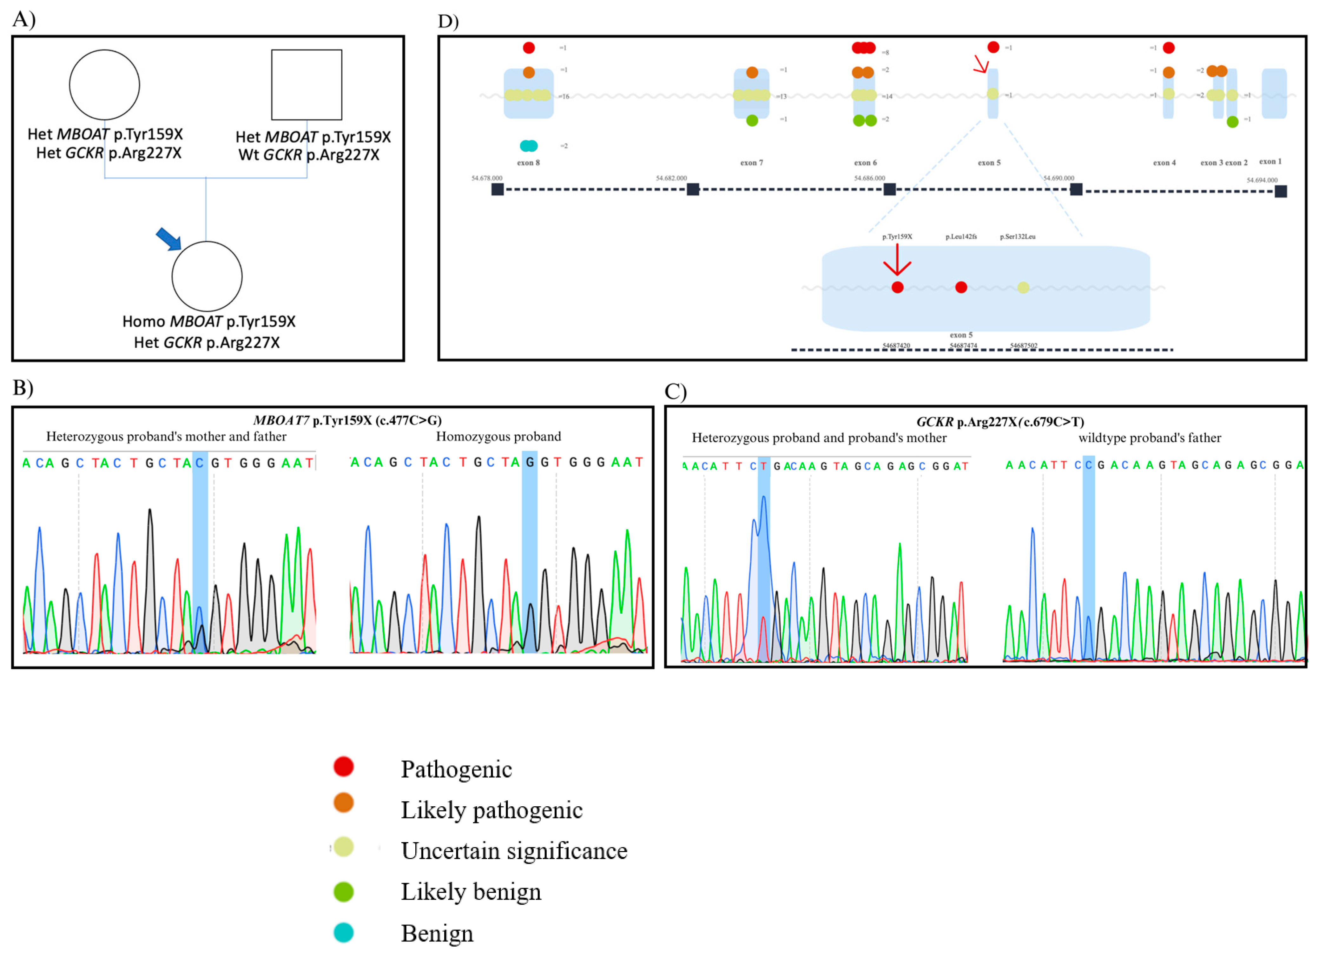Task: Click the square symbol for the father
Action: point(307,85)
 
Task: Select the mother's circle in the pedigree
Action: point(105,85)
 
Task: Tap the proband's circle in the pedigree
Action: point(207,276)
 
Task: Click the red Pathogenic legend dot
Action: point(344,766)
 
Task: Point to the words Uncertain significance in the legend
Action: point(514,851)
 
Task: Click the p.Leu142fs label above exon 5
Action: point(961,237)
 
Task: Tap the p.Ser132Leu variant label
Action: point(1018,237)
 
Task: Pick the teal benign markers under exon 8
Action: point(529,146)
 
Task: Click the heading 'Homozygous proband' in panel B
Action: point(498,436)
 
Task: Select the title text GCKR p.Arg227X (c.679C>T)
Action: point(1000,422)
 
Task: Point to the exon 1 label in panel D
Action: point(1270,162)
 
